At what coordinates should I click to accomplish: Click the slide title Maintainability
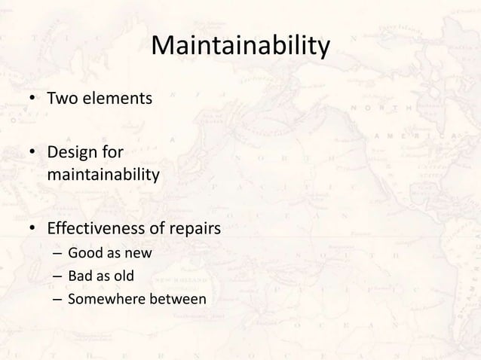[x=240, y=47]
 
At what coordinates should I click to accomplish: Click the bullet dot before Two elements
[x=32, y=98]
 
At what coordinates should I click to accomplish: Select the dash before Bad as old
[x=57, y=277]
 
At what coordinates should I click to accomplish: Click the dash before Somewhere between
[x=57, y=300]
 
